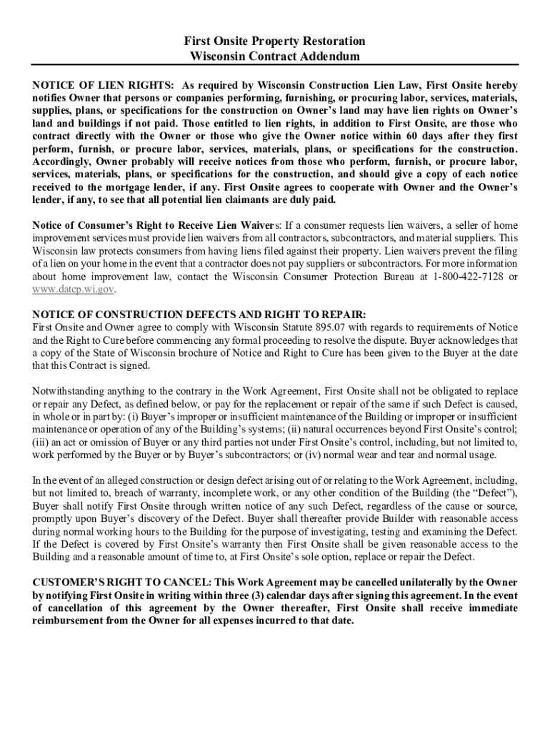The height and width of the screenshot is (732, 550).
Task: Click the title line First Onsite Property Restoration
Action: [275, 41]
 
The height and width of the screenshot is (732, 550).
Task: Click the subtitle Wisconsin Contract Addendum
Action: [275, 56]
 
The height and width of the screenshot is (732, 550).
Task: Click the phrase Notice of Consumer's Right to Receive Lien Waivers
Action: [157, 225]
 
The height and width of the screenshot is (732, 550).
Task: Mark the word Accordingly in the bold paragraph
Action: [61, 162]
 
